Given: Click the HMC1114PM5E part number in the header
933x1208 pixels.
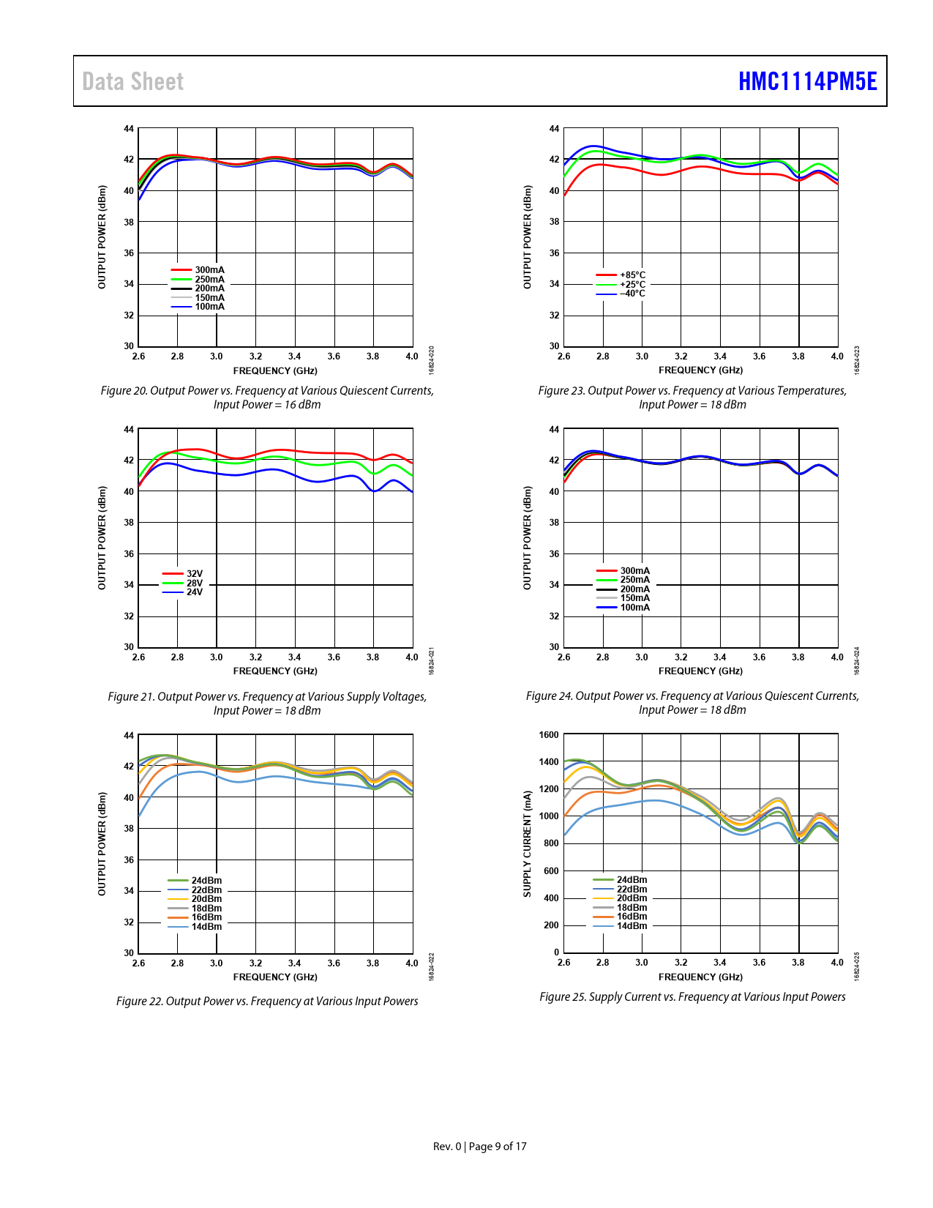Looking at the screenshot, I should pos(807,81).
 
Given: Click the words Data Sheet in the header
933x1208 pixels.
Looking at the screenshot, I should pos(132,81).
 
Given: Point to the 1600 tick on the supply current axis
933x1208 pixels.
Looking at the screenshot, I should pos(549,735).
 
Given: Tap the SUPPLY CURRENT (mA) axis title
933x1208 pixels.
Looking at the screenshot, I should pos(527,843).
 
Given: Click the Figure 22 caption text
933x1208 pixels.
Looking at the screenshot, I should pos(267,1001).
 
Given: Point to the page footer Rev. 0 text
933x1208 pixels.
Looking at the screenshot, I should pos(447,1147).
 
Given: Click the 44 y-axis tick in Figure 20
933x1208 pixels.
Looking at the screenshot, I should pos(129,129).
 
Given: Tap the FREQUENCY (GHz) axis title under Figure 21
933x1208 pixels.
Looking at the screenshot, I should pos(275,671).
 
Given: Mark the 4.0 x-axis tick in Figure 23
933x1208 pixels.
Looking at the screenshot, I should pos(837,357).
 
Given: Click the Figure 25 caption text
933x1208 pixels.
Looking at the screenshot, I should pos(692,996).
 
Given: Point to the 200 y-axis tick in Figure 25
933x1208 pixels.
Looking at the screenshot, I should pos(551,925).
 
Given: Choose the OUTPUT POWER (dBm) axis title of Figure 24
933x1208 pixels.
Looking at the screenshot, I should pos(527,538).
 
